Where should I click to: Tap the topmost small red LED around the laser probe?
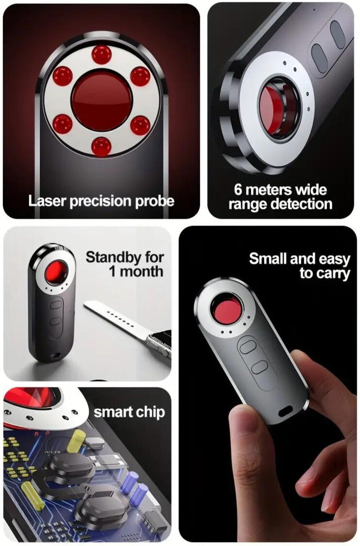[x=101, y=55]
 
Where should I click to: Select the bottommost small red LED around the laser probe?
[x=101, y=146]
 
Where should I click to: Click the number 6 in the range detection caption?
[x=238, y=189]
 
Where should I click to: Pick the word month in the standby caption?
[x=142, y=271]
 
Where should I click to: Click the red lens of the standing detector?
[x=57, y=272]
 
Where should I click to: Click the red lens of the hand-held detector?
[x=227, y=310]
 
